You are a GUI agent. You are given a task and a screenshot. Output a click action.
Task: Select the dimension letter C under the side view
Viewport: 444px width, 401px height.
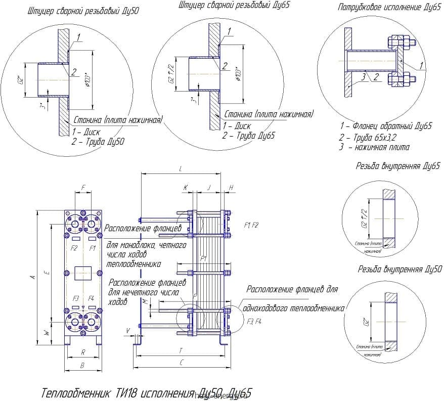coord(181,363)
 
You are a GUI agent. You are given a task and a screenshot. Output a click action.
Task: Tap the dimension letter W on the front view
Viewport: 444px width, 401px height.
coord(47,333)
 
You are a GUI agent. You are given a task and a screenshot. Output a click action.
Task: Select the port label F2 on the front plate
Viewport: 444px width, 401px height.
coord(74,248)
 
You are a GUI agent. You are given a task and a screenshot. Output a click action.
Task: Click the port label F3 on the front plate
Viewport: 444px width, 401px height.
coord(76,298)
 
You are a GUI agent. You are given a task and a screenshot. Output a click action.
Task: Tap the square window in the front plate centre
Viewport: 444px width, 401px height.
coord(82,273)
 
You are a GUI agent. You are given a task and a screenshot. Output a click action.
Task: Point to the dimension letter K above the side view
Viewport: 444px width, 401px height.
coord(186,187)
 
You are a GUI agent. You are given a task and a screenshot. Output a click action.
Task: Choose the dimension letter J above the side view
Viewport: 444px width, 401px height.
coord(209,187)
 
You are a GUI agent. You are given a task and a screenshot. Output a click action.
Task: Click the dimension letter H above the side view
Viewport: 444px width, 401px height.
coord(231,187)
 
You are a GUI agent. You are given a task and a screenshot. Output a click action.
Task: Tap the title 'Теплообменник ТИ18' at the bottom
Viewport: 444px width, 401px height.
coord(96,392)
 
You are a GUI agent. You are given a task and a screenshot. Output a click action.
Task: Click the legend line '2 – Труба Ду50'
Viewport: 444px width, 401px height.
coord(98,142)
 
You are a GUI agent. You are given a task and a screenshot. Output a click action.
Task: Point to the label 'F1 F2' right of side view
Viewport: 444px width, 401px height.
coord(251,224)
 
